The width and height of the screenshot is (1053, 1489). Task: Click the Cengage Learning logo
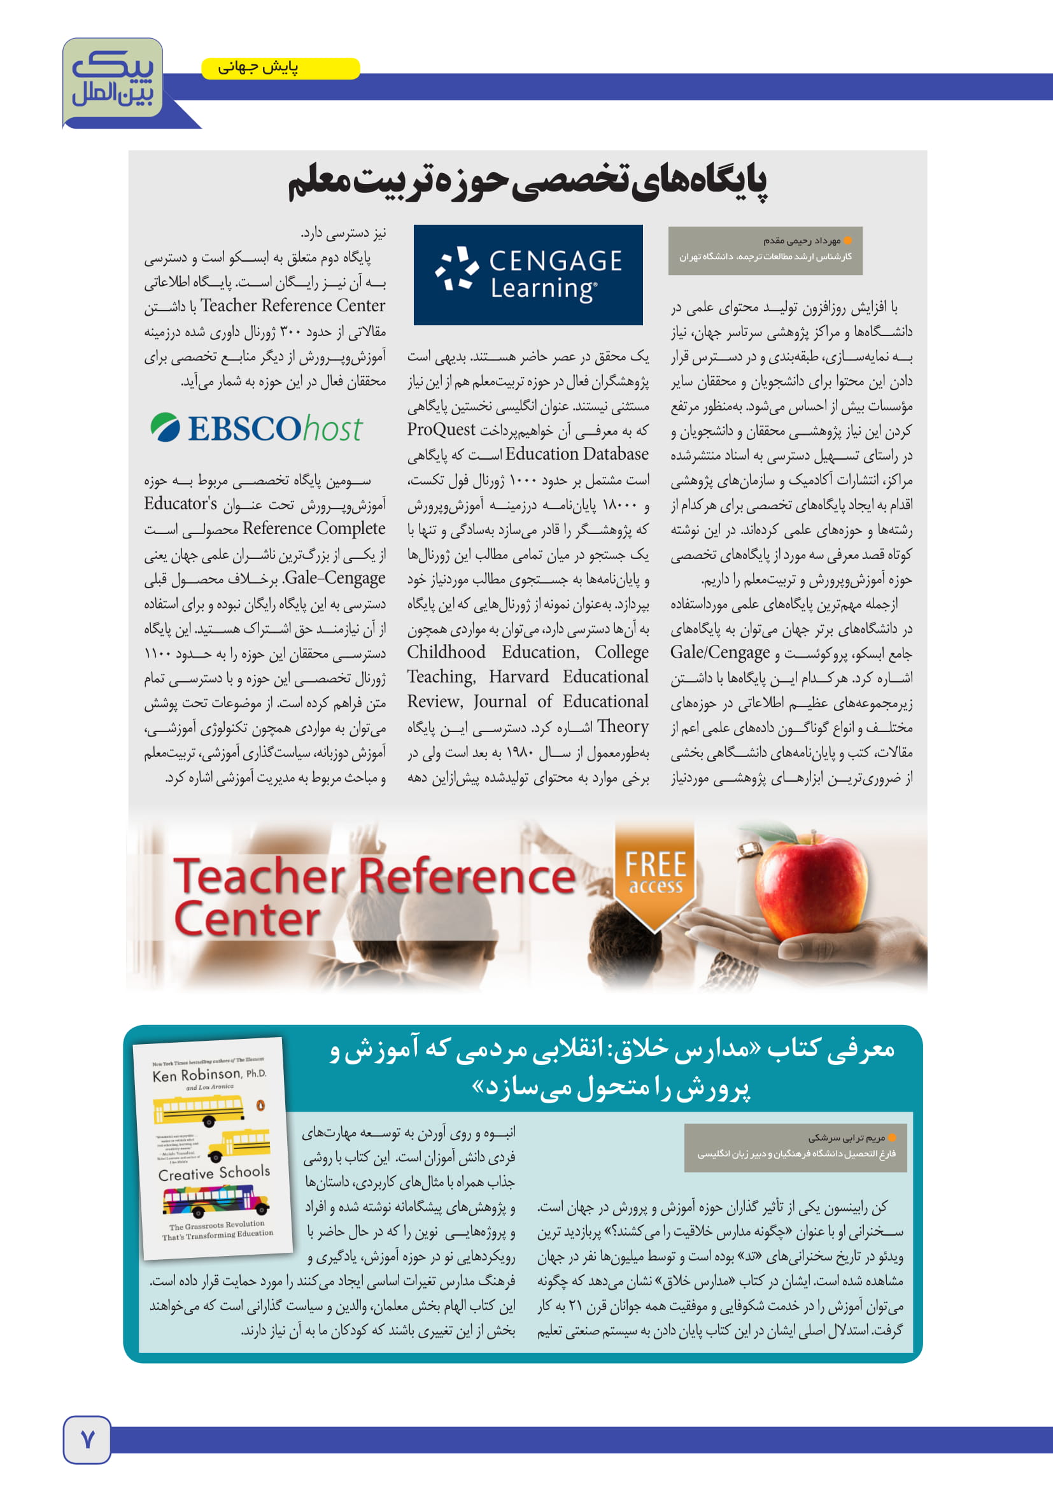click(528, 274)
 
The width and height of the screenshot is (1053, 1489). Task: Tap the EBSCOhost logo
click(256, 428)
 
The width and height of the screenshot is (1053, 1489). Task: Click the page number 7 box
click(87, 1440)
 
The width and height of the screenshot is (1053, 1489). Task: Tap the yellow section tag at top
click(280, 68)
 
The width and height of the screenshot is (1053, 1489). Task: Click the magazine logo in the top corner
click(113, 80)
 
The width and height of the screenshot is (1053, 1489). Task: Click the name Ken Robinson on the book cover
click(197, 1075)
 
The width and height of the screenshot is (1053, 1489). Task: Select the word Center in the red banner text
click(247, 920)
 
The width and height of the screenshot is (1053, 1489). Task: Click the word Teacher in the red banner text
click(259, 875)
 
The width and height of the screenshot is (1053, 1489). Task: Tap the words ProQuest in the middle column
click(441, 429)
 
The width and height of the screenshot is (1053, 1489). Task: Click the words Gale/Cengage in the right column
click(720, 653)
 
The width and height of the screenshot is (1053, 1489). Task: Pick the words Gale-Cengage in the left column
click(335, 578)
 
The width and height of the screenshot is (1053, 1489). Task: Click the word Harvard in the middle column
click(518, 677)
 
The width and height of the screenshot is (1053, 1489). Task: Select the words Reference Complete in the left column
click(314, 528)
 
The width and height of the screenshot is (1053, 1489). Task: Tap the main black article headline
click(526, 181)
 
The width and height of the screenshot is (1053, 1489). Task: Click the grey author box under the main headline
click(765, 250)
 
